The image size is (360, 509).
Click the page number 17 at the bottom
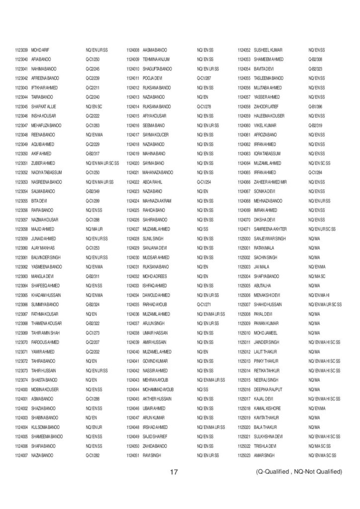pyautogui.click(x=174, y=471)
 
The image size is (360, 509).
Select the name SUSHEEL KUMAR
pyautogui.click(x=268, y=50)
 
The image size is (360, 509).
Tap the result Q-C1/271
pyautogui.click(x=204, y=304)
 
